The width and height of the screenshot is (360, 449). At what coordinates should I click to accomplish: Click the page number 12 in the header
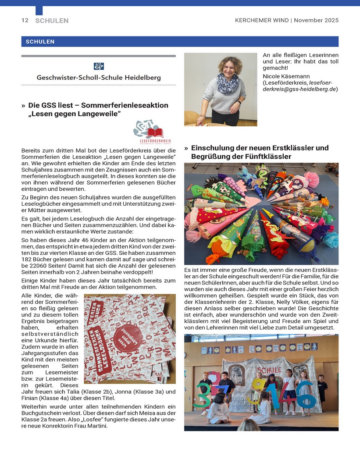point(25,20)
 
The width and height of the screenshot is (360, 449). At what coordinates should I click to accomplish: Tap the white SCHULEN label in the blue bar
point(40,42)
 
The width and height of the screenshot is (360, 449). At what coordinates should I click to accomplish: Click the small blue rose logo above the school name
point(99,66)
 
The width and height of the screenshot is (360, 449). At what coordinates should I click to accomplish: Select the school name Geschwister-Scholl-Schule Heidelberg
point(99,78)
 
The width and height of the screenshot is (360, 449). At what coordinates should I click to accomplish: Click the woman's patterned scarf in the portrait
point(228,83)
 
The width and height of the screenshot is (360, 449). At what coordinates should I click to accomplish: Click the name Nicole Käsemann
point(284,76)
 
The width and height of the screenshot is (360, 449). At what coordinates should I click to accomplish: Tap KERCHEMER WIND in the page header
point(262,20)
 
